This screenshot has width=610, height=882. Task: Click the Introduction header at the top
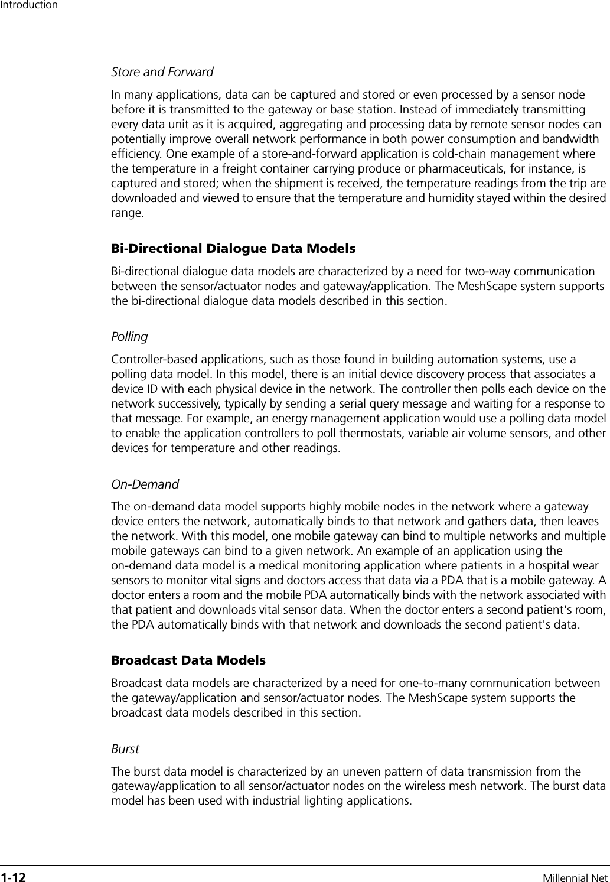point(29,5)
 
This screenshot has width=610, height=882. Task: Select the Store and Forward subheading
point(162,72)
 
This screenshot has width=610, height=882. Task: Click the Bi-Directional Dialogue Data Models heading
point(233,249)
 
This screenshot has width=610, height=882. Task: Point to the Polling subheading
point(129,337)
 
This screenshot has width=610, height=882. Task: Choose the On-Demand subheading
point(145,484)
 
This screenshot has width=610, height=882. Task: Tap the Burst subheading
point(125,749)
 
